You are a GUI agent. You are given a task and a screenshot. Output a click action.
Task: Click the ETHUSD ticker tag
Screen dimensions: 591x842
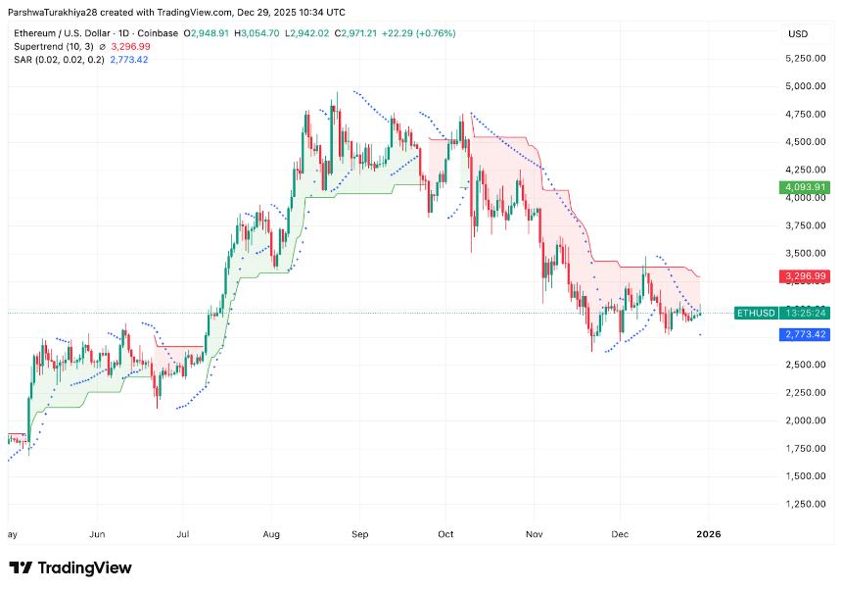755,313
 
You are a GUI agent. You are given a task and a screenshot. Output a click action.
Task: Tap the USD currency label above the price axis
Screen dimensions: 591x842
798,33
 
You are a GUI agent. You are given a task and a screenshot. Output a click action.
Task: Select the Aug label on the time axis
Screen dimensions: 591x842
272,534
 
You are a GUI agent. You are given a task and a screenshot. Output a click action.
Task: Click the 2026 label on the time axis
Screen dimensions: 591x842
708,534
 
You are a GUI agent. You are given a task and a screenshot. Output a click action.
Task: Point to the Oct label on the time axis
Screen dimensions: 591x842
445,534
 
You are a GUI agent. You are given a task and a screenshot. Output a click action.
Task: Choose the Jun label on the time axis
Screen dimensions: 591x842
97,534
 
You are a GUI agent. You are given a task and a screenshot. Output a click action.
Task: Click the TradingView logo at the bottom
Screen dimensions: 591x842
70,567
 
